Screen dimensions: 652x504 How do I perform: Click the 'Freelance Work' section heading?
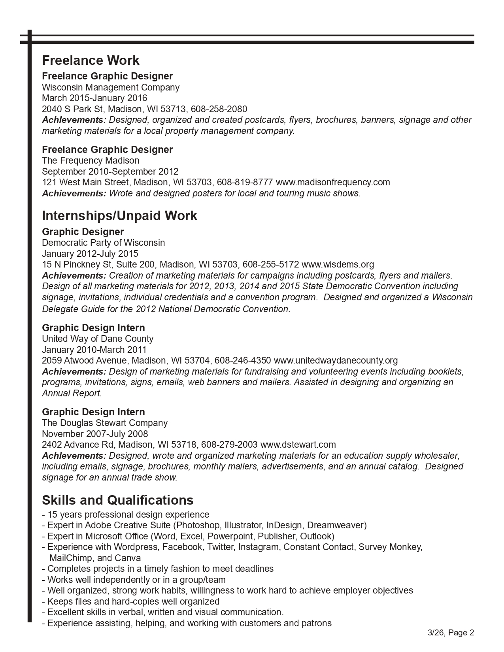(91, 60)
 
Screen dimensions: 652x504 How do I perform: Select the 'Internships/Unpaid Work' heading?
(119, 216)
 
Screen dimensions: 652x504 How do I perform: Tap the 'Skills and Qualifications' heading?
(118, 500)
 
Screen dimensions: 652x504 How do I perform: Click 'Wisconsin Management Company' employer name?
(111, 87)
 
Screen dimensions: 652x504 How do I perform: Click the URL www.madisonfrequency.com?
(333, 183)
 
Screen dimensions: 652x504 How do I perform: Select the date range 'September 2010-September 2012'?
(110, 171)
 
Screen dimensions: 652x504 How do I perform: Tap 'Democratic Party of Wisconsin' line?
(104, 243)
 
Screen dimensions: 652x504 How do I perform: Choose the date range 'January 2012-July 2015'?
(90, 254)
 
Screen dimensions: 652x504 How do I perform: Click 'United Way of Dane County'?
(98, 339)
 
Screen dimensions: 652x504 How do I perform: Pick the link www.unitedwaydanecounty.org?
(336, 360)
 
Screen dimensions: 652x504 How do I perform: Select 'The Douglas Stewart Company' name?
(105, 423)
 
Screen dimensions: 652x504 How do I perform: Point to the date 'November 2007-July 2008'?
(95, 434)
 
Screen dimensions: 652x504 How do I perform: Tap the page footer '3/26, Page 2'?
(451, 633)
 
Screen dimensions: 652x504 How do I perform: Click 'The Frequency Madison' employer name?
(91, 160)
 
